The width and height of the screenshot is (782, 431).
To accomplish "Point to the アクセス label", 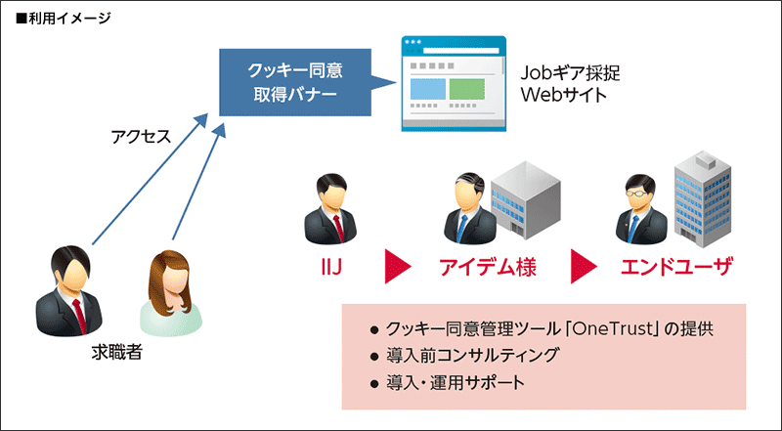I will (x=141, y=137).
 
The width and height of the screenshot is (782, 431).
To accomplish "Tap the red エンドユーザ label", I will (x=676, y=265).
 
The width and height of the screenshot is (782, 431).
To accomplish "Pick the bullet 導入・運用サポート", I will (x=456, y=382).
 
